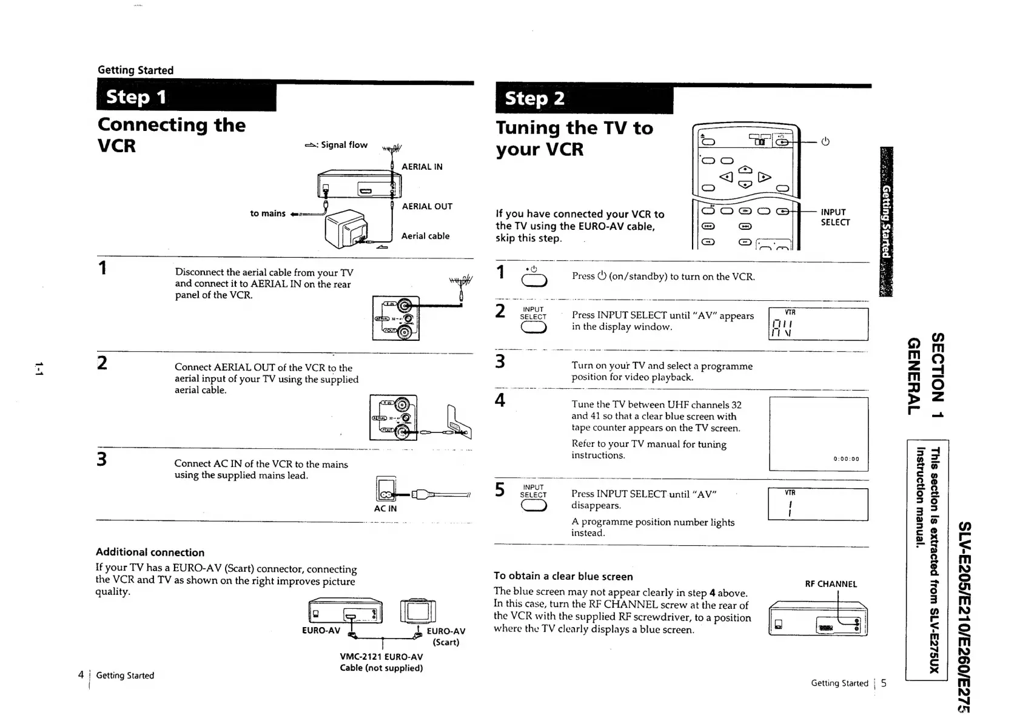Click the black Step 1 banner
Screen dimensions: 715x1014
[x=186, y=97]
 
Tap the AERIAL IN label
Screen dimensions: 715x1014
[x=421, y=167]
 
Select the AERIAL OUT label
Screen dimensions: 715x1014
[x=426, y=206]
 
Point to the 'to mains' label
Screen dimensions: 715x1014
[x=267, y=213]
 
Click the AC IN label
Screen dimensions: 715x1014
[x=385, y=508]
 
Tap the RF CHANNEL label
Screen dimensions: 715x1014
[x=830, y=584]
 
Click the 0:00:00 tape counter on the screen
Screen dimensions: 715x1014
[x=846, y=459]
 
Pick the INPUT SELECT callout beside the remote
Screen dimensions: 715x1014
[x=834, y=217]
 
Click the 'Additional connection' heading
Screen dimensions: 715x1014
[x=150, y=552]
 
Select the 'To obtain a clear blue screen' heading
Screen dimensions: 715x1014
[x=563, y=576]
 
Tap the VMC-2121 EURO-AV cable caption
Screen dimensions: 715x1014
[x=381, y=662]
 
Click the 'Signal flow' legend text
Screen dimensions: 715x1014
[x=344, y=145]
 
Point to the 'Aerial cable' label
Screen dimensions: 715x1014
[x=425, y=236]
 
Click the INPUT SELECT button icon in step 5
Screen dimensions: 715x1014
[x=533, y=506]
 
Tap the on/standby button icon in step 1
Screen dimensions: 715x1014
[x=534, y=280]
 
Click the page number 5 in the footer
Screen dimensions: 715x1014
[x=884, y=683]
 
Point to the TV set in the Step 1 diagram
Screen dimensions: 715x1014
[x=346, y=229]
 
